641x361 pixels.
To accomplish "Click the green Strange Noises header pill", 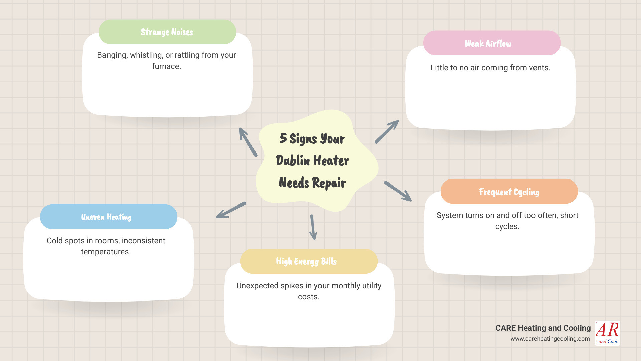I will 167,32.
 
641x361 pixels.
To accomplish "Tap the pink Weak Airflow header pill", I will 491,43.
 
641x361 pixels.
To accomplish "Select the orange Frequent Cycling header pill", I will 509,192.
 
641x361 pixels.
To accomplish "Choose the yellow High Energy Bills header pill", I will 308,261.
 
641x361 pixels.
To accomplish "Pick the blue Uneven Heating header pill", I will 109,217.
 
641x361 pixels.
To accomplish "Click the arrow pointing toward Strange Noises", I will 248,142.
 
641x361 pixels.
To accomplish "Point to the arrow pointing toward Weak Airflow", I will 387,132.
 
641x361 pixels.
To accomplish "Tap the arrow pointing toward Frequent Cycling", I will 398,191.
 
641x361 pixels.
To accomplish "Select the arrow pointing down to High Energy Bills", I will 313,227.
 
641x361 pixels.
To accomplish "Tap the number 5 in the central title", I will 283,138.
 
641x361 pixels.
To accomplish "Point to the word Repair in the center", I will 329,183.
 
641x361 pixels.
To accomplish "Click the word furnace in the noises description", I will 166,66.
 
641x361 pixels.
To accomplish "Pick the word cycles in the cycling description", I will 507,226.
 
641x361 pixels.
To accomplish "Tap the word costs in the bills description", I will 308,297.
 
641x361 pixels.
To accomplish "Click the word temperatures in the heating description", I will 105,252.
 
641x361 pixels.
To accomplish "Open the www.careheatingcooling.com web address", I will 550,339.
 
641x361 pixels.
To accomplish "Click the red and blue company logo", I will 607,333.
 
